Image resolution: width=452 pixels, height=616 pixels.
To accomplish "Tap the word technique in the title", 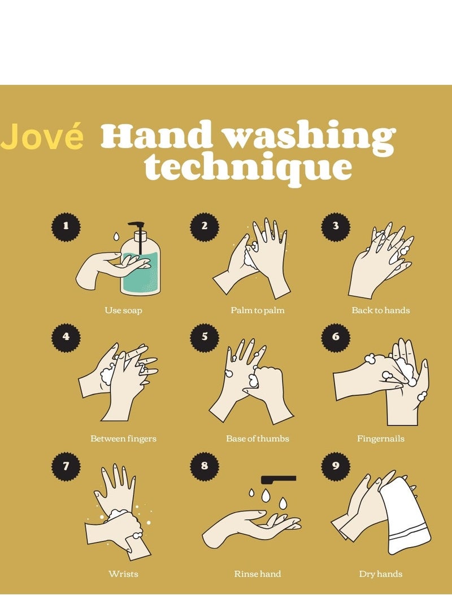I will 247,167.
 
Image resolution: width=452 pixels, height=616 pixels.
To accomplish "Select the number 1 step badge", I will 66,226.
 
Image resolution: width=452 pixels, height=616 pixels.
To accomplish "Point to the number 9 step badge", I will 336,466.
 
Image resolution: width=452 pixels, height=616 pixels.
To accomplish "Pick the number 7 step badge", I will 66,466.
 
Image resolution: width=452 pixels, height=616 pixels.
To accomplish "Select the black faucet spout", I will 279,479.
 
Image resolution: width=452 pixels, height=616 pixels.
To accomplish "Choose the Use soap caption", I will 123,311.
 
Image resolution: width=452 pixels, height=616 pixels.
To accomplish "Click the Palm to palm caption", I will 258,311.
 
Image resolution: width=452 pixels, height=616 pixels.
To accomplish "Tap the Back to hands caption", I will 381,311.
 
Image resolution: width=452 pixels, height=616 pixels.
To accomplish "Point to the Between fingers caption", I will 123,439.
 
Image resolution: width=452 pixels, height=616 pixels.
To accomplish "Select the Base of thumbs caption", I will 258,439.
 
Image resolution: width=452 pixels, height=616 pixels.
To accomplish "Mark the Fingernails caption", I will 381,439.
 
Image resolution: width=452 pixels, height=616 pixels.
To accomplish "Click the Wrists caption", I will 123,574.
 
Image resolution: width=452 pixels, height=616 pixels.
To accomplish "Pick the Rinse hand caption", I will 258,574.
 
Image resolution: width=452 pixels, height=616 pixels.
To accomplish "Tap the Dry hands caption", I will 381,574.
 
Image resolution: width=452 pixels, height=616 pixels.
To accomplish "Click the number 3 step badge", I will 336,226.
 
